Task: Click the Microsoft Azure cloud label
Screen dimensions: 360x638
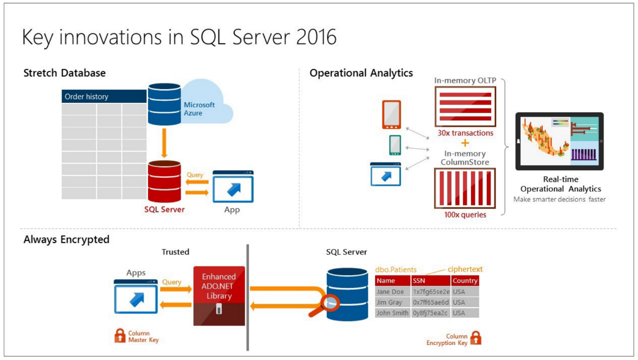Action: click(199, 109)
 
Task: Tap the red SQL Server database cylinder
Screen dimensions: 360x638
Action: click(164, 181)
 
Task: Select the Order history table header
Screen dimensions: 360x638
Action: click(104, 97)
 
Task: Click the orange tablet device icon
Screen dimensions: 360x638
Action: click(391, 115)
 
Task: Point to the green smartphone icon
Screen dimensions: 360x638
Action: click(395, 145)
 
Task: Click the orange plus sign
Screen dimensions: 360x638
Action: click(465, 143)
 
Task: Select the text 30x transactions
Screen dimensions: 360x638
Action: click(465, 133)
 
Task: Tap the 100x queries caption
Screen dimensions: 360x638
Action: click(465, 215)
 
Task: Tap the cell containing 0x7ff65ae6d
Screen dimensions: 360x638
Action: click(430, 302)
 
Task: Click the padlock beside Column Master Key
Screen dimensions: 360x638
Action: click(120, 335)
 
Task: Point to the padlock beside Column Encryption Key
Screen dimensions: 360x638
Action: click(476, 338)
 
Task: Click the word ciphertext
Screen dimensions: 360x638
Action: click(465, 269)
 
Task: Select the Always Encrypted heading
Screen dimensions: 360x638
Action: click(67, 239)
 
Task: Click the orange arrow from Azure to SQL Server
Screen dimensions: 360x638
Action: click(164, 143)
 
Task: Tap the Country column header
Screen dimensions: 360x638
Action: click(465, 281)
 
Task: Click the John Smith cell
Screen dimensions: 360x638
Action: click(392, 313)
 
